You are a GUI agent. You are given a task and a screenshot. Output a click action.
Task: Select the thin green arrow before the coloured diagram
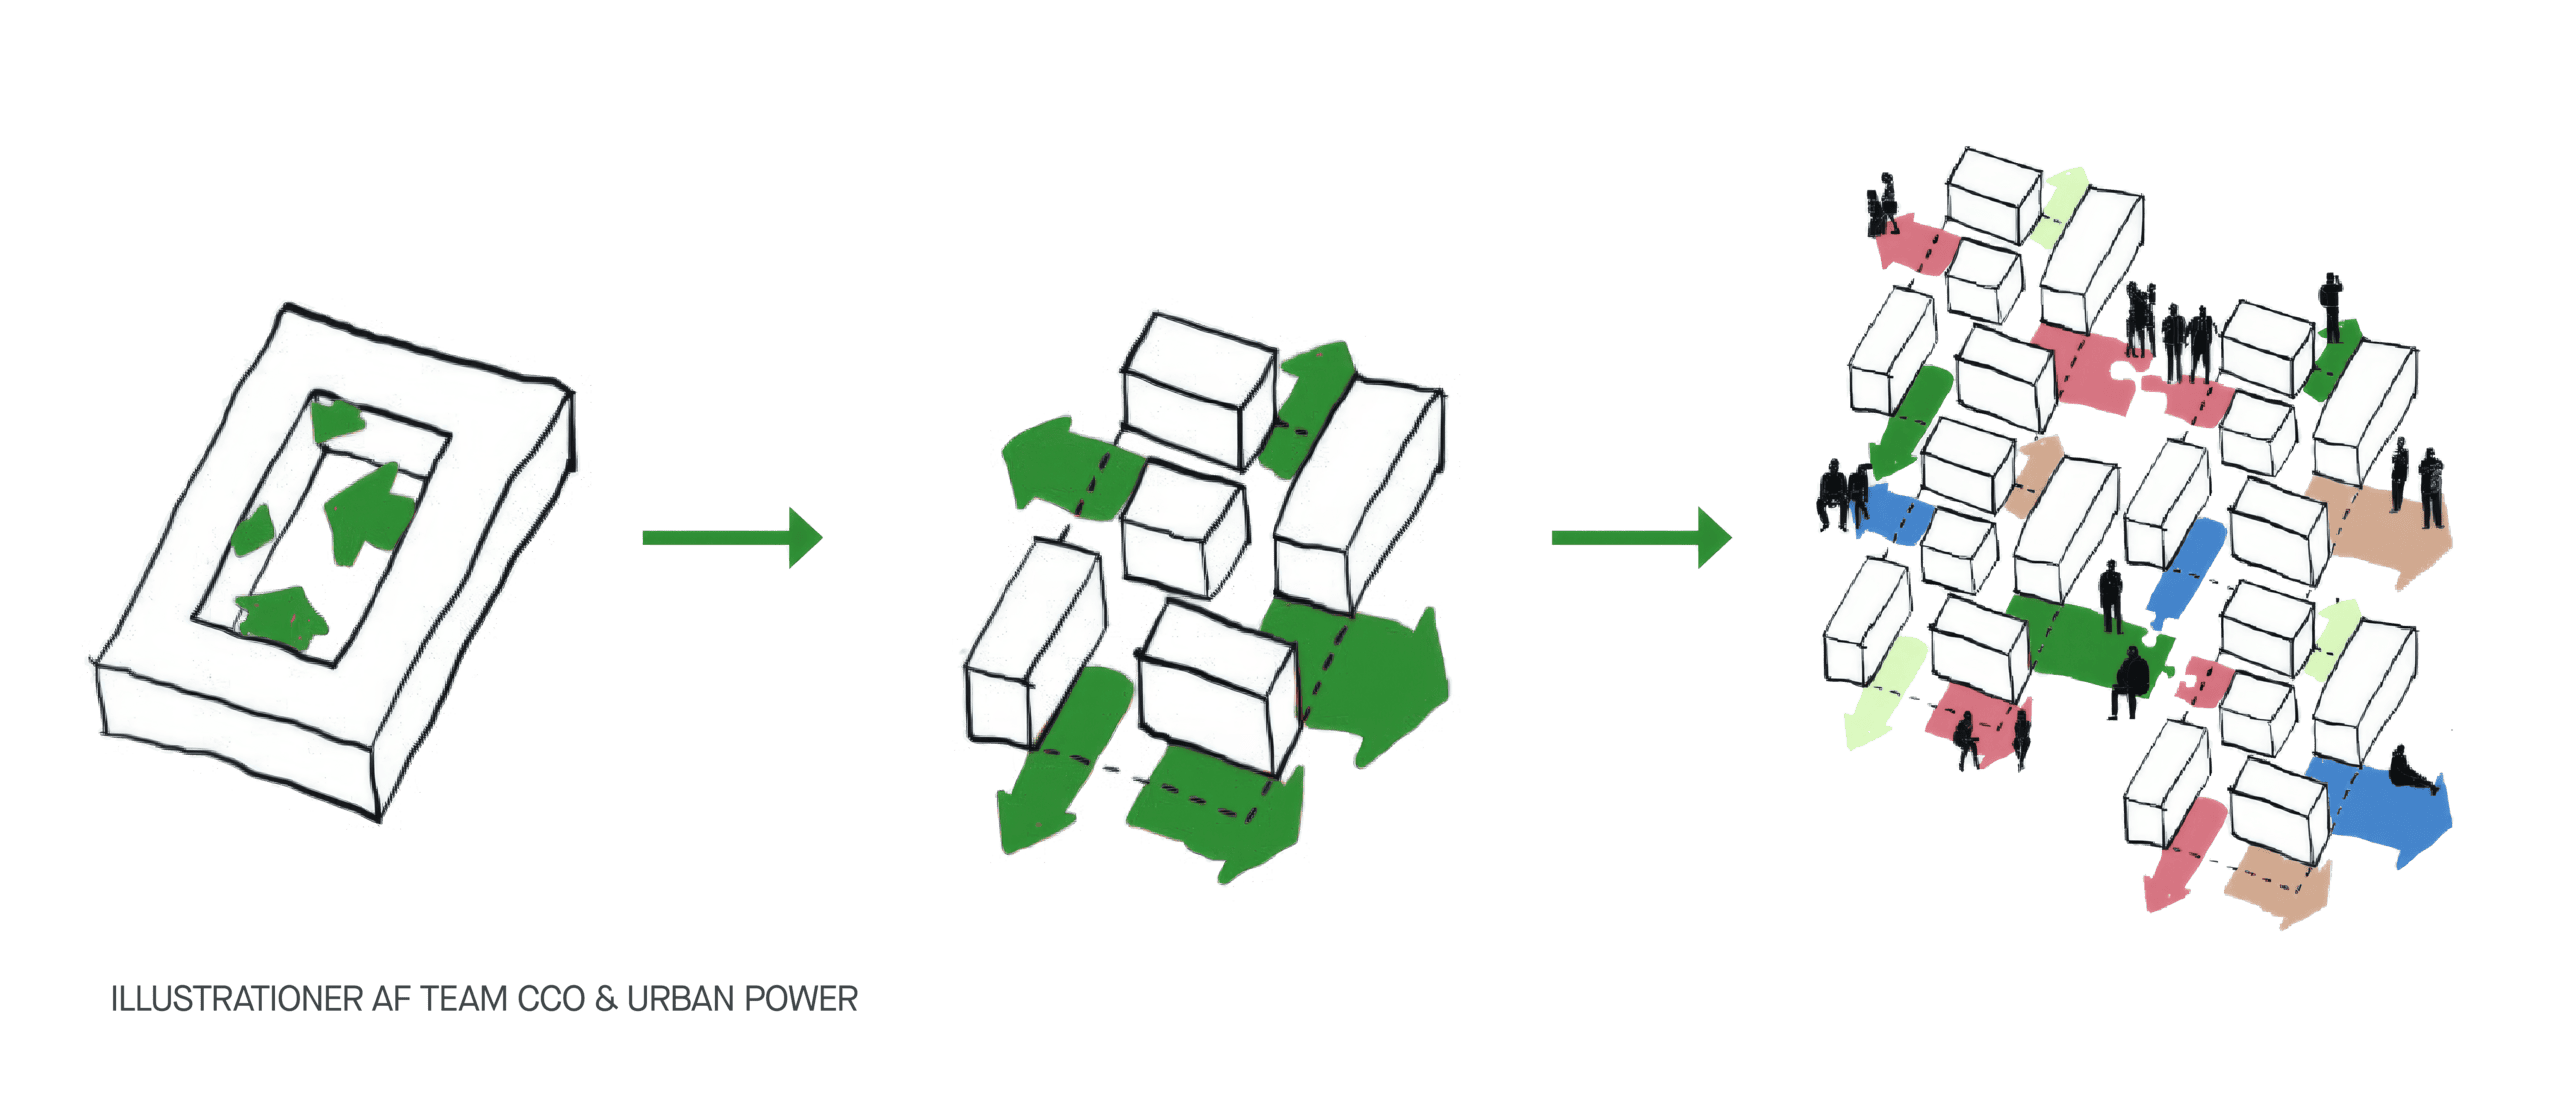pos(1640,538)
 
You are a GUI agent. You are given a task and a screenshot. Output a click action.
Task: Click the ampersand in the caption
pos(606,999)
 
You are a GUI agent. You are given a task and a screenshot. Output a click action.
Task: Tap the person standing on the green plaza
pos(2110,596)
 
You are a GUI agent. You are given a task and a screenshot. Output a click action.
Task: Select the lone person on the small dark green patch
pos(2331,310)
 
